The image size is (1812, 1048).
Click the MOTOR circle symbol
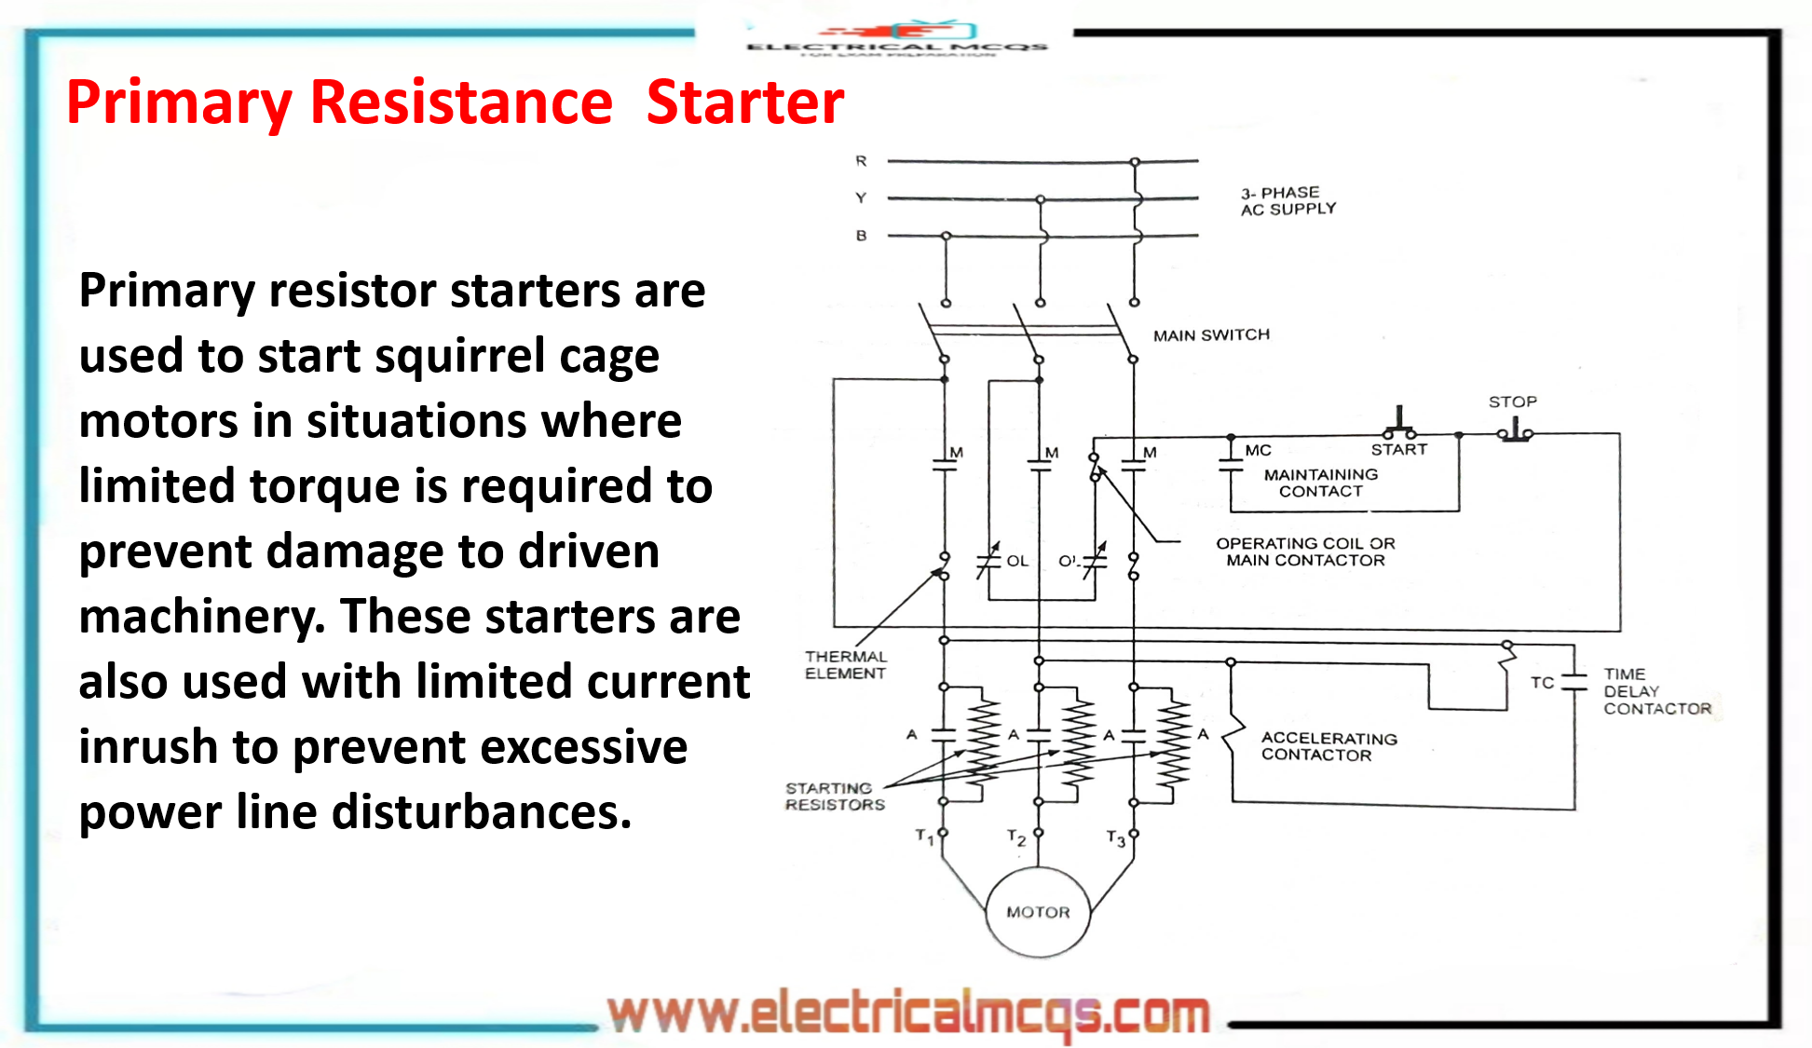coord(1038,912)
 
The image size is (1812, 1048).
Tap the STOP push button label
coord(1512,402)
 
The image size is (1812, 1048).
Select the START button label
coord(1398,449)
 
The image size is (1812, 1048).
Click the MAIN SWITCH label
coord(1211,334)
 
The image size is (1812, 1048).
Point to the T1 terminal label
coord(924,836)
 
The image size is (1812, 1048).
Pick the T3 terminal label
coord(1115,838)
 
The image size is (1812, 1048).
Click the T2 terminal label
coord(1016,837)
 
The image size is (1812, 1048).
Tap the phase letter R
coord(861,161)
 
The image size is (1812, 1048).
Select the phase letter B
coord(861,236)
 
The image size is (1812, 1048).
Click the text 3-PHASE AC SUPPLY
coord(1287,200)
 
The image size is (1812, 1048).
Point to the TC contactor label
coord(1542,682)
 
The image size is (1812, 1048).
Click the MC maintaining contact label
coord(1258,450)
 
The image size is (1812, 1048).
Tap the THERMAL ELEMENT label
coord(845,664)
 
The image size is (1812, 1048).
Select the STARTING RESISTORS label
coord(834,796)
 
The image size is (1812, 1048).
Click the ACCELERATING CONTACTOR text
coord(1328,745)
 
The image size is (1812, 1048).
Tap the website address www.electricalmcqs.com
coord(908,1013)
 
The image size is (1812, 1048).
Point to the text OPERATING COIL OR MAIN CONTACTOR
coord(1304,551)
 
